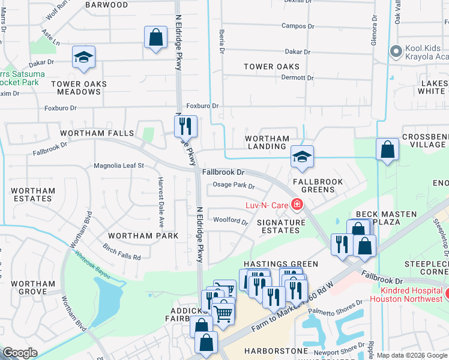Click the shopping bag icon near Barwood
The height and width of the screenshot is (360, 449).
(155, 37)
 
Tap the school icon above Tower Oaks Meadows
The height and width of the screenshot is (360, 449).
(84, 57)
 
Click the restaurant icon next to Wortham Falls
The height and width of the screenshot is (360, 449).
(185, 126)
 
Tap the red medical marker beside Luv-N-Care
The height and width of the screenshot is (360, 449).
(296, 205)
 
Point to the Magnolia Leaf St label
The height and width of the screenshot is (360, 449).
(119, 166)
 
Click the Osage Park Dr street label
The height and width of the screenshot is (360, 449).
(235, 186)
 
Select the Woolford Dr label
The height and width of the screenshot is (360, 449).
(231, 221)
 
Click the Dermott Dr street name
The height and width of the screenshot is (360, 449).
(298, 78)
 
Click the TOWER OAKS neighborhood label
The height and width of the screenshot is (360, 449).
(271, 67)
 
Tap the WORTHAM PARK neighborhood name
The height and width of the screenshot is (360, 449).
(143, 236)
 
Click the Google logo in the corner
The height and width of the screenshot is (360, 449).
(20, 353)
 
